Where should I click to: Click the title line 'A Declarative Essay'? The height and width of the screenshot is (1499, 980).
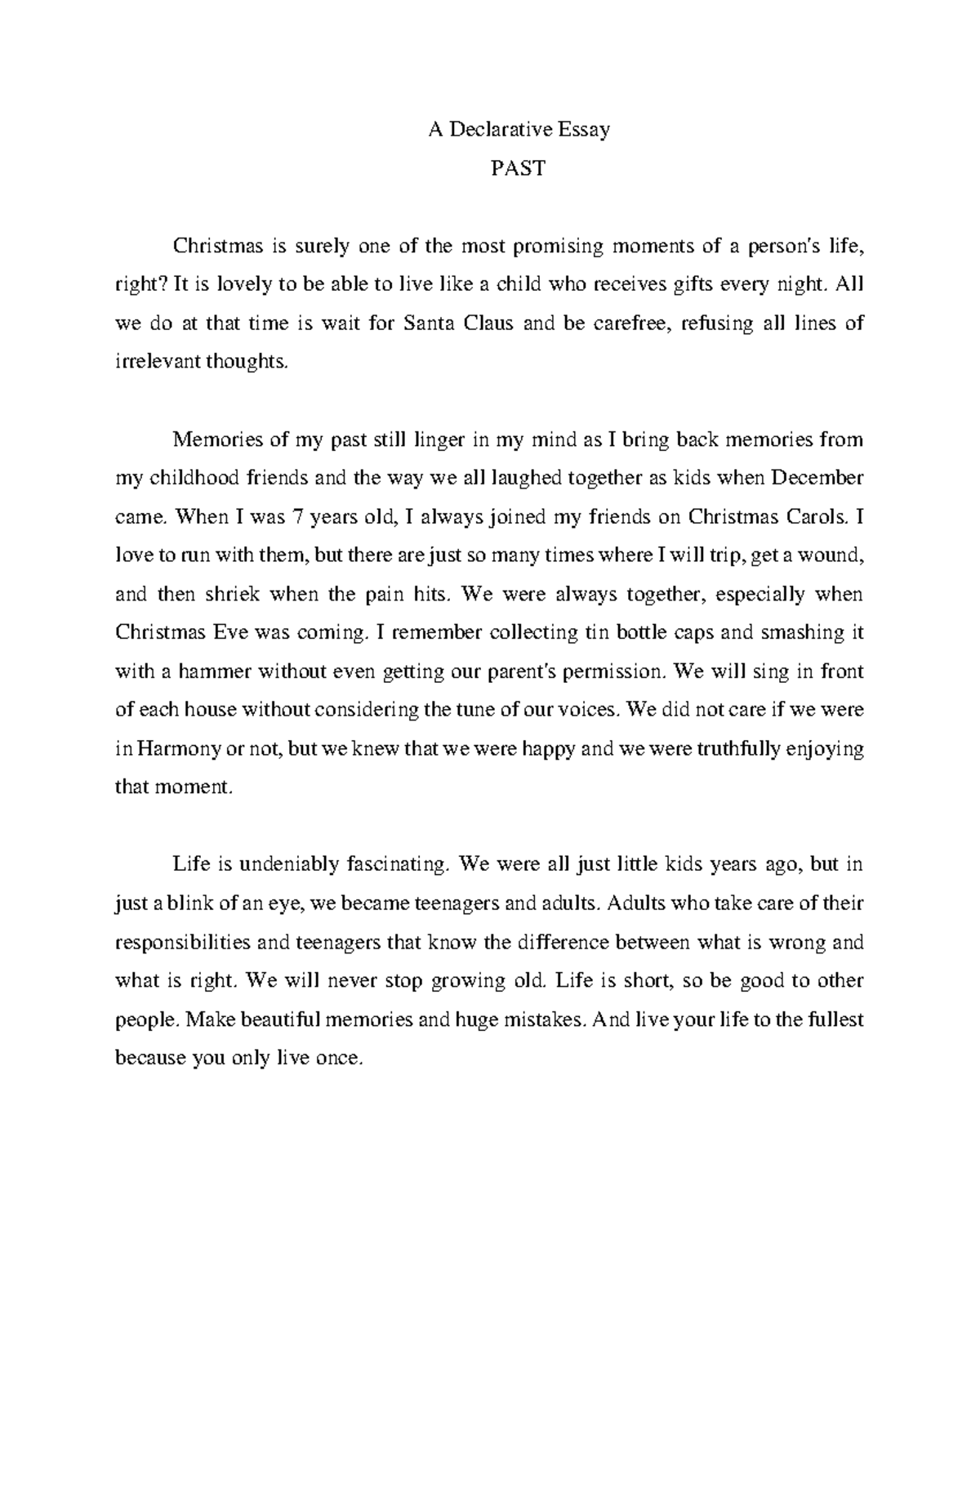tap(519, 129)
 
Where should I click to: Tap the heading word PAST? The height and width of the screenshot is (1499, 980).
tap(518, 168)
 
